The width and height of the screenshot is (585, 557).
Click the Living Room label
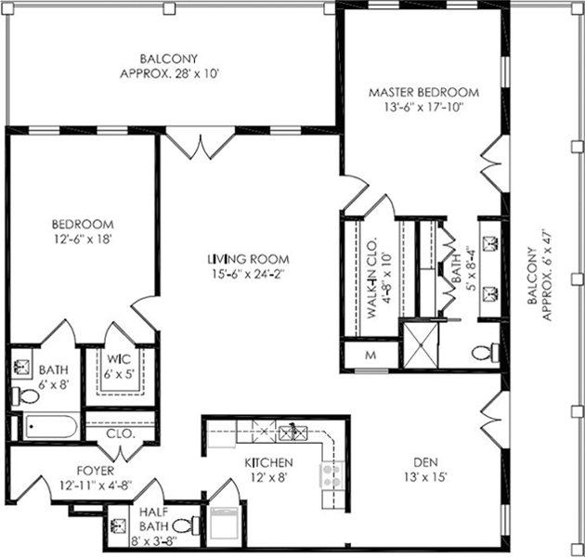click(x=249, y=258)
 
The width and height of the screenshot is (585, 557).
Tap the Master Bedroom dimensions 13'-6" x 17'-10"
click(x=423, y=108)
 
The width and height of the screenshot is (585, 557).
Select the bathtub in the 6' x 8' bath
click(x=51, y=426)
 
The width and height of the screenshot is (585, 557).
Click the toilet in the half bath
click(x=186, y=526)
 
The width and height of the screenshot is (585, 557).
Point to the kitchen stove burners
click(x=331, y=475)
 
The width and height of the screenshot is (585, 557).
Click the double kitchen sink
click(x=293, y=432)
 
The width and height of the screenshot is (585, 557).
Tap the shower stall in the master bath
click(x=421, y=345)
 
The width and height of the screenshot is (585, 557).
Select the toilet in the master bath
click(x=485, y=353)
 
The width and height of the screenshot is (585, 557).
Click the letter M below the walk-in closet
click(x=370, y=356)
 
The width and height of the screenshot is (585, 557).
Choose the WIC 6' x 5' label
click(x=119, y=366)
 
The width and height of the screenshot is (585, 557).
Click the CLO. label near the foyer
click(x=120, y=434)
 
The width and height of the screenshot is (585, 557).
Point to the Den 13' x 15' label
click(x=425, y=470)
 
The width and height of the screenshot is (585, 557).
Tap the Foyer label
click(x=96, y=471)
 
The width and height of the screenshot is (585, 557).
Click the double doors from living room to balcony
click(x=201, y=144)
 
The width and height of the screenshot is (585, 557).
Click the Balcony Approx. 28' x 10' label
click(x=169, y=66)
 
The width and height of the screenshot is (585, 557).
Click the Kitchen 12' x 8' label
click(x=268, y=470)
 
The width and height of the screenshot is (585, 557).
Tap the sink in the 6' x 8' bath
click(x=21, y=368)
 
